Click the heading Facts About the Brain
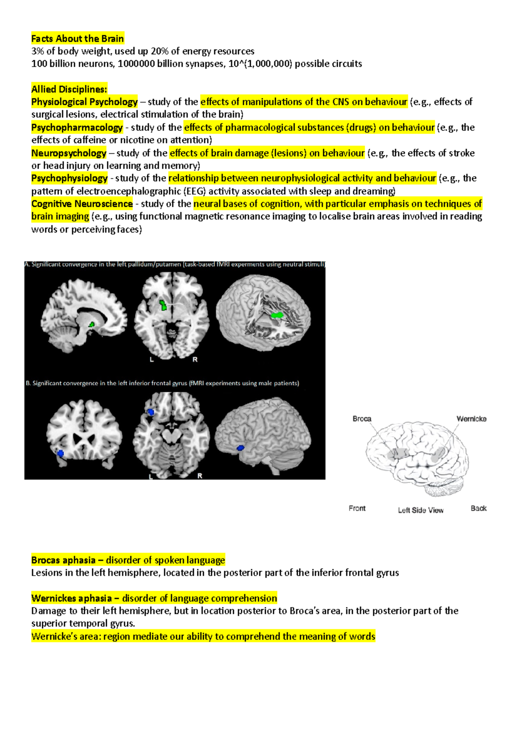[78, 39]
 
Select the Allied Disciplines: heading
[69, 90]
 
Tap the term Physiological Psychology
[84, 102]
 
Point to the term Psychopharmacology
[77, 127]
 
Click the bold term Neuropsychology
[69, 153]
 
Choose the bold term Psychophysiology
[69, 178]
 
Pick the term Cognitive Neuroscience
[82, 204]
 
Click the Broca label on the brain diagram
[362, 419]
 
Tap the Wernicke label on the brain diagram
[471, 419]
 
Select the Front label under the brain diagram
[357, 508]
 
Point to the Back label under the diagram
[479, 508]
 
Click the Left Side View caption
[420, 510]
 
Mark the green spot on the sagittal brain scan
[92, 324]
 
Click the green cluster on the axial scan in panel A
[163, 305]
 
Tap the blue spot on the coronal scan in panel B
[61, 453]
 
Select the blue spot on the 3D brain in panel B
[240, 448]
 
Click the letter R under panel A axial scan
[195, 359]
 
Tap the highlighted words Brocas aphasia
[63, 561]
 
